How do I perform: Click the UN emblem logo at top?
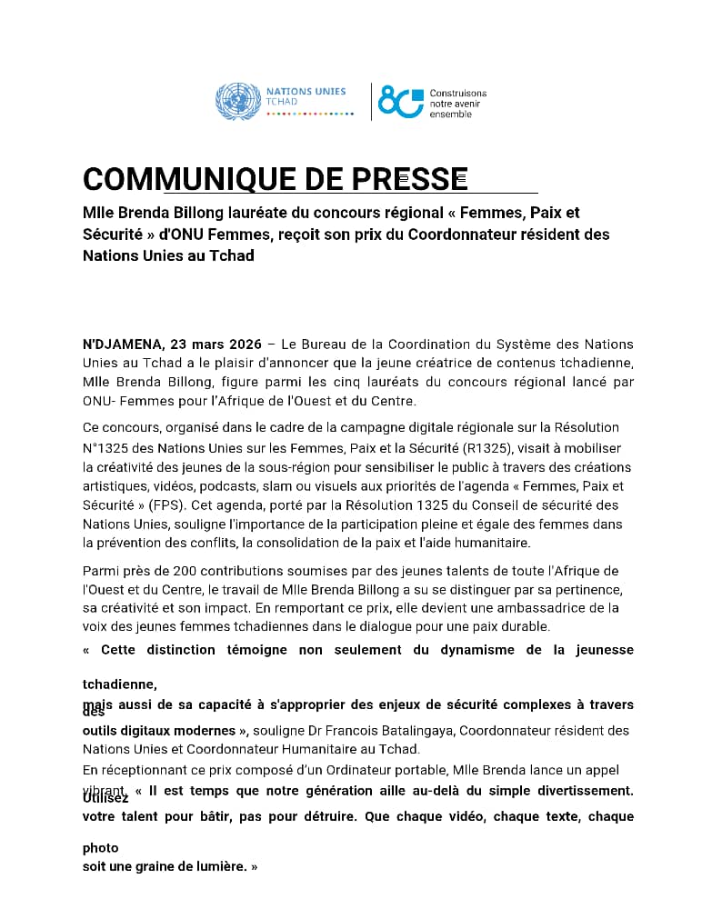236,101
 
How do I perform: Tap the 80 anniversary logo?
401,101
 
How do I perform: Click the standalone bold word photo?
100,848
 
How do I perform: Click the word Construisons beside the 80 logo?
458,94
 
